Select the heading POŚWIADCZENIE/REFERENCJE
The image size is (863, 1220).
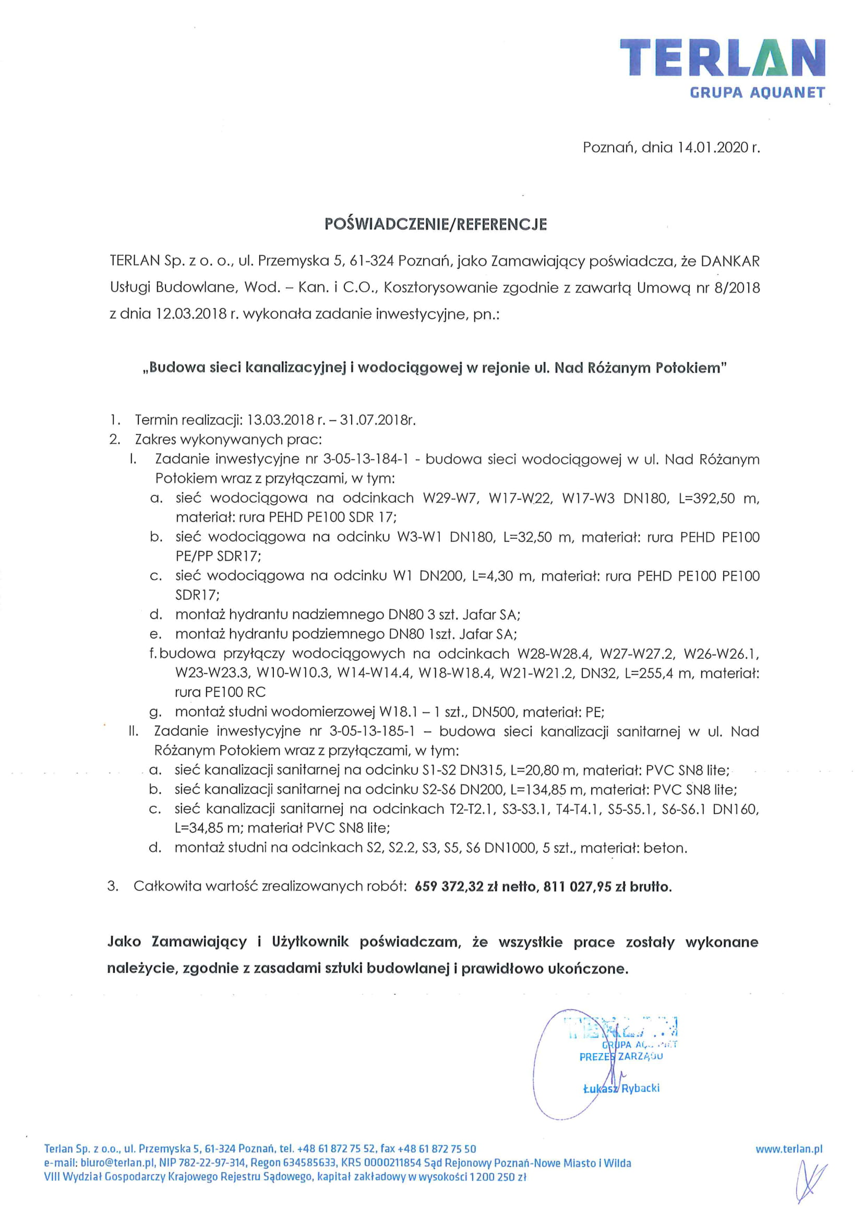click(x=435, y=224)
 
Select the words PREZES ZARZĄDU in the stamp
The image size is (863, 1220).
click(x=621, y=1056)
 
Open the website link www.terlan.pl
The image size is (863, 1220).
click(x=788, y=1149)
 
